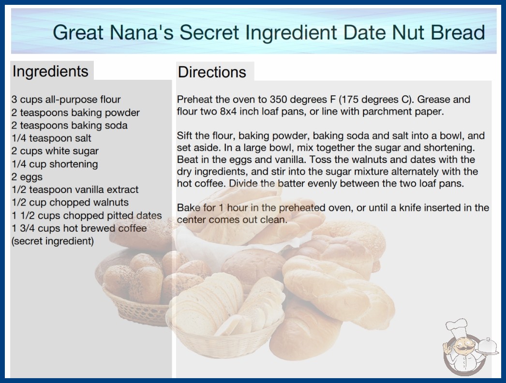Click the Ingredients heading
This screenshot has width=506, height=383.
pos(50,72)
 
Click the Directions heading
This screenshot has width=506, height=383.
pos(212,72)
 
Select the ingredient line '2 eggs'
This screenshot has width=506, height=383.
pos(27,177)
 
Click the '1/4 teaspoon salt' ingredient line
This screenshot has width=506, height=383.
pos(51,138)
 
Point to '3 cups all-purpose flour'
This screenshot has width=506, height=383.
pos(66,100)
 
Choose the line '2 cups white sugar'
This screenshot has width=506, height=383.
pos(55,151)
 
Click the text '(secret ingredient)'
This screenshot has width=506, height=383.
pos(53,241)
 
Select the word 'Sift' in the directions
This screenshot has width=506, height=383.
pos(184,135)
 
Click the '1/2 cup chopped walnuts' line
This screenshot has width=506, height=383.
pos(70,202)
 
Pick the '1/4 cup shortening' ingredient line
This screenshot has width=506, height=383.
pos(55,164)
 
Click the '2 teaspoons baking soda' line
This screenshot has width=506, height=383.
pos(69,125)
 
